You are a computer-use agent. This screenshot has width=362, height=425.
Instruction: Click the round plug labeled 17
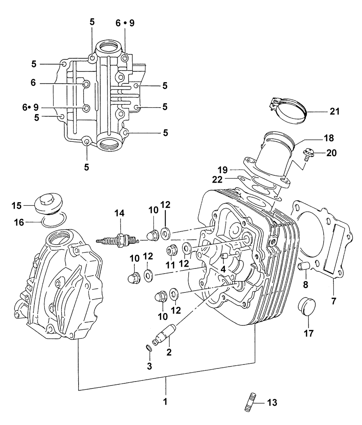(307, 307)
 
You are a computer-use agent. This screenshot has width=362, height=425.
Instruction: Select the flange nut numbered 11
(172, 250)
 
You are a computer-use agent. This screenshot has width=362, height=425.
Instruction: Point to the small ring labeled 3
(149, 348)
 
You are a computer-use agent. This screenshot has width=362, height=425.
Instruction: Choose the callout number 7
(333, 301)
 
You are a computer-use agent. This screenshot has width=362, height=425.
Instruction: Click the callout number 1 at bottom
(165, 401)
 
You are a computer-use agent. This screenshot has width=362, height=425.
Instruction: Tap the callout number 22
(217, 179)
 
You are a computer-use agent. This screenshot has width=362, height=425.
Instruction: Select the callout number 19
(223, 170)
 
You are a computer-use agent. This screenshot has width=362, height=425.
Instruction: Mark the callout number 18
(329, 138)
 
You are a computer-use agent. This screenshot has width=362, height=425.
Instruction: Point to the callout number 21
(334, 111)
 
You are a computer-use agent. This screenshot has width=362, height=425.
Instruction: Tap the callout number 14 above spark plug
(119, 213)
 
